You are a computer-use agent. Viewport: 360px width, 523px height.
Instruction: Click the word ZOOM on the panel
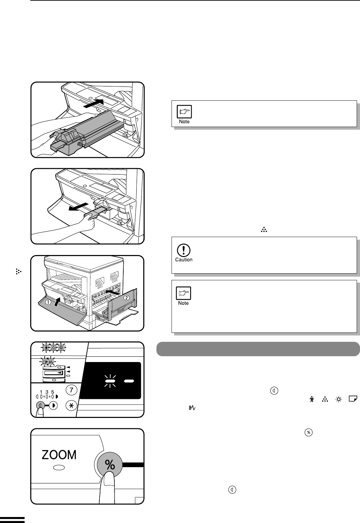pos(59,455)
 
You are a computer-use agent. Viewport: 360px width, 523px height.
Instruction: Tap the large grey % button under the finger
pos(110,464)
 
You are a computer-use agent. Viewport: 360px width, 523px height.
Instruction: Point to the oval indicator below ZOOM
pos(59,468)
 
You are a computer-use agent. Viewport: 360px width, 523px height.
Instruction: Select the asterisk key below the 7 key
pos(71,406)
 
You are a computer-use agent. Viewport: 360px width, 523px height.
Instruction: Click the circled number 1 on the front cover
pos(48,302)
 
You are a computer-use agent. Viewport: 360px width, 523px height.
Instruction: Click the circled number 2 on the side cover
pos(126,298)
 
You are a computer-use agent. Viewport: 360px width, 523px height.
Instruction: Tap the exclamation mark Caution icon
pos(184,250)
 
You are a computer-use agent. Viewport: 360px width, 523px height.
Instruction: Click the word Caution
pos(184,260)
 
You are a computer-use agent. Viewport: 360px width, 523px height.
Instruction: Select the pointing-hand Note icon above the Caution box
pos(184,112)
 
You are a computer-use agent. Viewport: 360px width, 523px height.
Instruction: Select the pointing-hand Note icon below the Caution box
pos(183,293)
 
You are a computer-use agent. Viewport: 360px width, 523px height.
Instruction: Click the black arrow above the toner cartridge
pos(93,103)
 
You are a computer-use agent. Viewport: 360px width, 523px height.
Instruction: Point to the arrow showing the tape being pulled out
pos(78,206)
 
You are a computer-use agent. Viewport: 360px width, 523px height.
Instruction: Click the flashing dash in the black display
pos(110,381)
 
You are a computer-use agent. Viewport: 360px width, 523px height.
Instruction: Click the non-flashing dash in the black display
pos(129,381)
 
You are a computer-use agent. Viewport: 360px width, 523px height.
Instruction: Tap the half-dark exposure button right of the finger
pos(53,406)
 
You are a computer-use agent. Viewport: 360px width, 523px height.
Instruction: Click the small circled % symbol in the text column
pos(308,433)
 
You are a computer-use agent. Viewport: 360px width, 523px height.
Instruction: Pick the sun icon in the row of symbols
pos(338,399)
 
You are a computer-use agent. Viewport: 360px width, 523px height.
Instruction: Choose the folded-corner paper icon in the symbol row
pos(353,399)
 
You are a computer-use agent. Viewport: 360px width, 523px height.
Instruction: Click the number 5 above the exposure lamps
pos(53,392)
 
